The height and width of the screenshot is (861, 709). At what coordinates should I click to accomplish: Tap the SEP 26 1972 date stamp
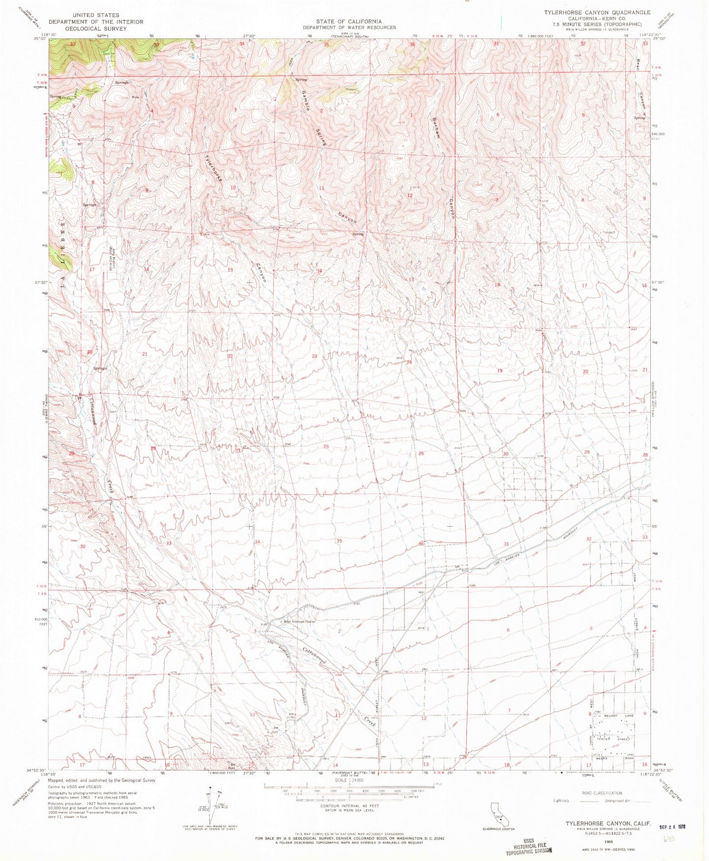(x=671, y=827)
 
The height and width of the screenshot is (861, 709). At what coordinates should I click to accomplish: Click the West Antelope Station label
(x=298, y=621)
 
